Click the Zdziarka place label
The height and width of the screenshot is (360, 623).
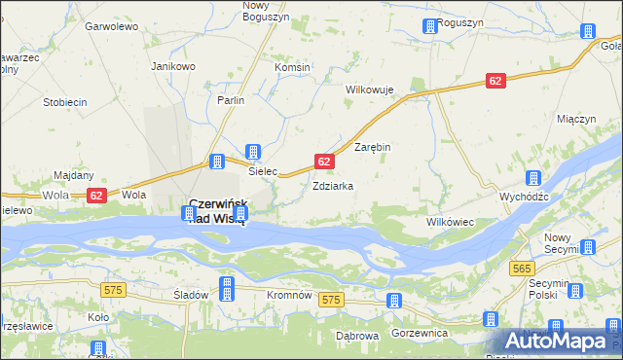click(x=332, y=185)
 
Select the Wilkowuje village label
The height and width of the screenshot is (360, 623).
click(x=370, y=90)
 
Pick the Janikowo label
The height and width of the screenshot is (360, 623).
click(x=173, y=66)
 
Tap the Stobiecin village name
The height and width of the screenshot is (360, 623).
click(x=65, y=102)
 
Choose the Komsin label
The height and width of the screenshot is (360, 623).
click(x=292, y=67)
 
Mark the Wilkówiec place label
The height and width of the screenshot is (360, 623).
click(x=450, y=222)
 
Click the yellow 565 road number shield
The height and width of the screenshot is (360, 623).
click(x=522, y=269)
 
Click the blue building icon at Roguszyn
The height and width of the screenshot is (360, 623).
click(x=429, y=27)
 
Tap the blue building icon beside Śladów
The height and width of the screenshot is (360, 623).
click(x=227, y=287)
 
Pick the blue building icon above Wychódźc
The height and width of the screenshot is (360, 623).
click(x=533, y=179)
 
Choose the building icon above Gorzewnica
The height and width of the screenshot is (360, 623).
click(x=394, y=302)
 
